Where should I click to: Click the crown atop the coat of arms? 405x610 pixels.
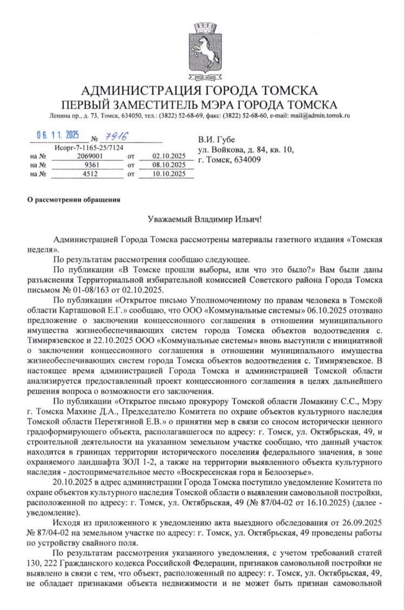tap(202, 26)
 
